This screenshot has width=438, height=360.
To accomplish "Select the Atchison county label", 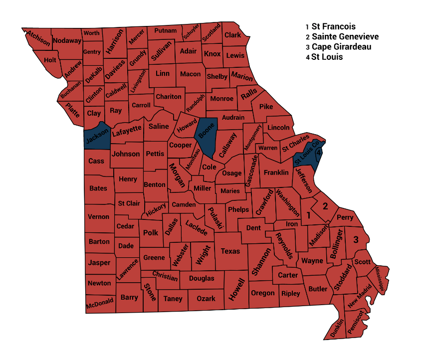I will point(38,38).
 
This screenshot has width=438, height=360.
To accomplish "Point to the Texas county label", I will point(230,251).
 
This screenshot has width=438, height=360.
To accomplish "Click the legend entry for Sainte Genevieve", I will point(345,37).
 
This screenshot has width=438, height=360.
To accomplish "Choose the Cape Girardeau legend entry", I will point(341,47).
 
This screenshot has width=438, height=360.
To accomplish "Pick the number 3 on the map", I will point(356,240).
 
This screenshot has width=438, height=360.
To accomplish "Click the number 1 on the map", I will point(308,216).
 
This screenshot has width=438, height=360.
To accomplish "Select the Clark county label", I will point(232,35).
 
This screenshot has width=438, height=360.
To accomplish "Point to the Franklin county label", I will point(276,173).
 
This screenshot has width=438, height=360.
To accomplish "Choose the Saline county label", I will point(159,126).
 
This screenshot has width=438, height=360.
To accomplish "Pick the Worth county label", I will point(92,33).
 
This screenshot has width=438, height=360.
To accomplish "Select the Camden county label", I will point(184,204).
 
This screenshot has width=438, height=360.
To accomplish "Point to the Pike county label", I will point(266,106).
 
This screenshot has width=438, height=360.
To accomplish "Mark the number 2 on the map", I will point(325,205).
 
